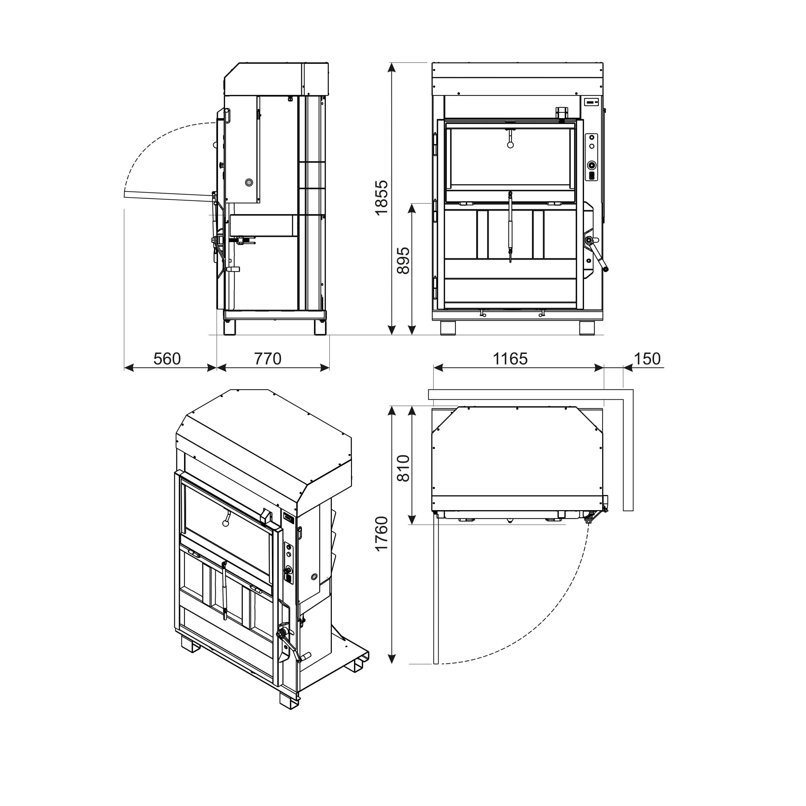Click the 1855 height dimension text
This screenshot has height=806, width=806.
pos(381,198)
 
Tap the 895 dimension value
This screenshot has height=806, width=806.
pos(403,261)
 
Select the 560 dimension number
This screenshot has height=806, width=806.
pos(167,359)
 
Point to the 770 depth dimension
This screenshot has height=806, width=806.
pos(268,359)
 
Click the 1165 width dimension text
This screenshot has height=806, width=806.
pos(510,359)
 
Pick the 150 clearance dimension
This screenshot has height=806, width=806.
pos(647,359)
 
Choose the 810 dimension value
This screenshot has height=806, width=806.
pos(403,468)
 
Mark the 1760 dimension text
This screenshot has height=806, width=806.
pos(381,534)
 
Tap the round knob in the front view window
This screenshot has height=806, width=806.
pos(510,145)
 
